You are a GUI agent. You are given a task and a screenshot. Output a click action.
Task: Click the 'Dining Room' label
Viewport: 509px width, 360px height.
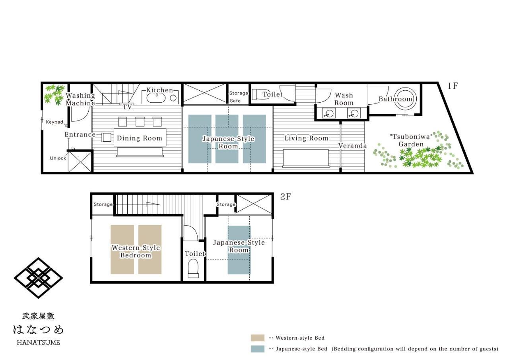point(139,138)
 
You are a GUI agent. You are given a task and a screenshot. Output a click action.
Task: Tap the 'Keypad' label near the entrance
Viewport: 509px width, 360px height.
point(54,122)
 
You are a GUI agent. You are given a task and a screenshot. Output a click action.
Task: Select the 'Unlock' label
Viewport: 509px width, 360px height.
point(58,158)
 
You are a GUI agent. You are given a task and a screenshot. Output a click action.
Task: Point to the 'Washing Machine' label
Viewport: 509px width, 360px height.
point(80,99)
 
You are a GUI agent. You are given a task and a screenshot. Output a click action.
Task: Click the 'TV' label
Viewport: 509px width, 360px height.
point(127,107)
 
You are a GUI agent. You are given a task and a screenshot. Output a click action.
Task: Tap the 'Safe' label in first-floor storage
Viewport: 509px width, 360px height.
point(235,101)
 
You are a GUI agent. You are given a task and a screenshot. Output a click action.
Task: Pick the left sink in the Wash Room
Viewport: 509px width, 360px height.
point(328,113)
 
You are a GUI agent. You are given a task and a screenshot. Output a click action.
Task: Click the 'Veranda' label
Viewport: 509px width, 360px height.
point(352,146)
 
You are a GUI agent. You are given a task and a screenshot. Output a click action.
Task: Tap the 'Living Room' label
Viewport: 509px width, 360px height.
point(306,138)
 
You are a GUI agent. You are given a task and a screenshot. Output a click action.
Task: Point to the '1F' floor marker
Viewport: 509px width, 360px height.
point(453,86)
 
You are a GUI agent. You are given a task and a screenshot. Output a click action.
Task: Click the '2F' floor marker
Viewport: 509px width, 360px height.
point(286,197)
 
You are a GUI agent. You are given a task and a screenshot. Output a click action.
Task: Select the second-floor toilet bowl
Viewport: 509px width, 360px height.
point(193,269)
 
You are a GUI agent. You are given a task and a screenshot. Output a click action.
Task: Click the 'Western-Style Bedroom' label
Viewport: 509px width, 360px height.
point(136,251)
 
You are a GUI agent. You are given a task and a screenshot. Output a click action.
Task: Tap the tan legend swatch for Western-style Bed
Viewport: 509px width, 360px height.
point(257,338)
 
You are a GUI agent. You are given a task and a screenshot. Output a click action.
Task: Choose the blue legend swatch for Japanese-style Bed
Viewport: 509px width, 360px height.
point(257,349)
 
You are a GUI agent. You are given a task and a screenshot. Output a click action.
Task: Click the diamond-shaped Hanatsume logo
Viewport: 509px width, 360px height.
point(38,278)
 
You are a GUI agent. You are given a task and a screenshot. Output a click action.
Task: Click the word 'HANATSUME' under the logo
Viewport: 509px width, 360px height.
point(38,342)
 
